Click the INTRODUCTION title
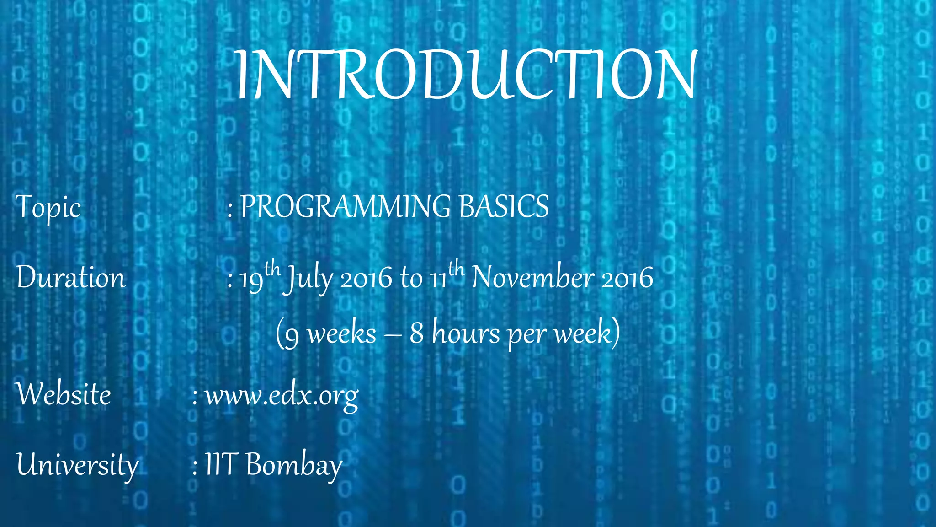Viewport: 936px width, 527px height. pos(466,74)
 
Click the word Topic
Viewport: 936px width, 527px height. pos(48,207)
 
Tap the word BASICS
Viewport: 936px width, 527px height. pos(504,206)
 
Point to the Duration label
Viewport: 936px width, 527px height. pos(71,278)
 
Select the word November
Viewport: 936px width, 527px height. pos(533,278)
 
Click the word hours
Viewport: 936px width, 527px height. pos(466,333)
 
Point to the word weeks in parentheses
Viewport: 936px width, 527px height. pos(341,333)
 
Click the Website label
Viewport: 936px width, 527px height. pos(64,394)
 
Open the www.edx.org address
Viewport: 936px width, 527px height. pos(281,396)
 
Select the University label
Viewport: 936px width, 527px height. pos(77,465)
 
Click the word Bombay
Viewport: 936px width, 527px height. pos(294,465)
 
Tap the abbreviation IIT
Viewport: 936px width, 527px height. pos(220,464)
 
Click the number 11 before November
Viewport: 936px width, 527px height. pos(438,280)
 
